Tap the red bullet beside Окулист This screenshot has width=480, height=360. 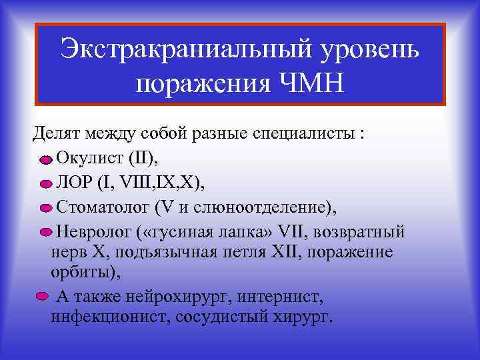click(45, 160)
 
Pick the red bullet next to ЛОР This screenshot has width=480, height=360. click(45, 185)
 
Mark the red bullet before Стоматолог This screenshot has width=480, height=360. click(45, 209)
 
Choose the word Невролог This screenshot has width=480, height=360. click(91, 231)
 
